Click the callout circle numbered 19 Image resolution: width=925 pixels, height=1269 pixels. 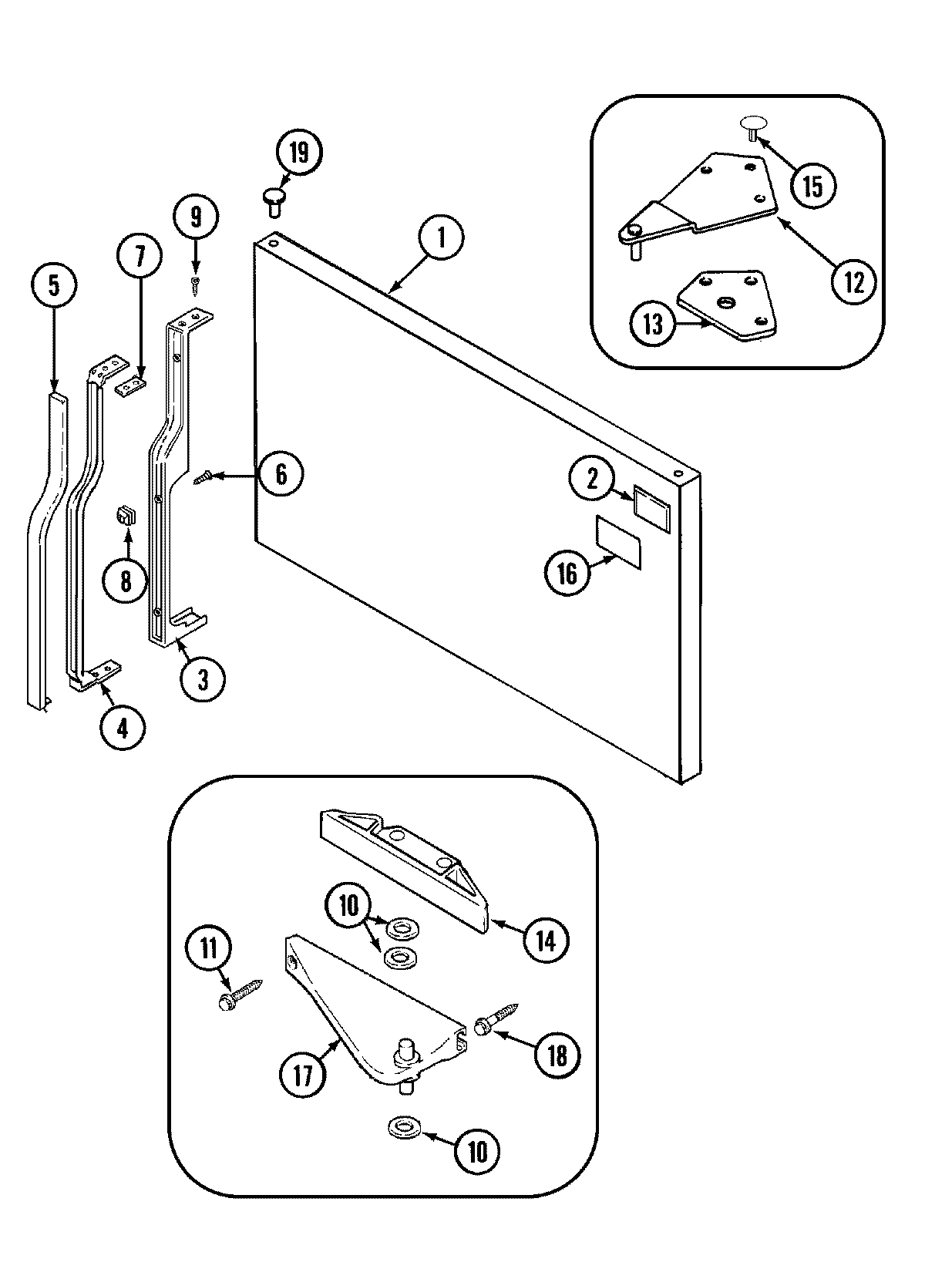pyautogui.click(x=298, y=153)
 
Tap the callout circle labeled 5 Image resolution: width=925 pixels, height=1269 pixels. pyautogui.click(x=53, y=284)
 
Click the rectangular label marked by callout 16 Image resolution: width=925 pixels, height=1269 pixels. pyautogui.click(x=618, y=543)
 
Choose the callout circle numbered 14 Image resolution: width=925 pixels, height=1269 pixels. pyautogui.click(x=546, y=940)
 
